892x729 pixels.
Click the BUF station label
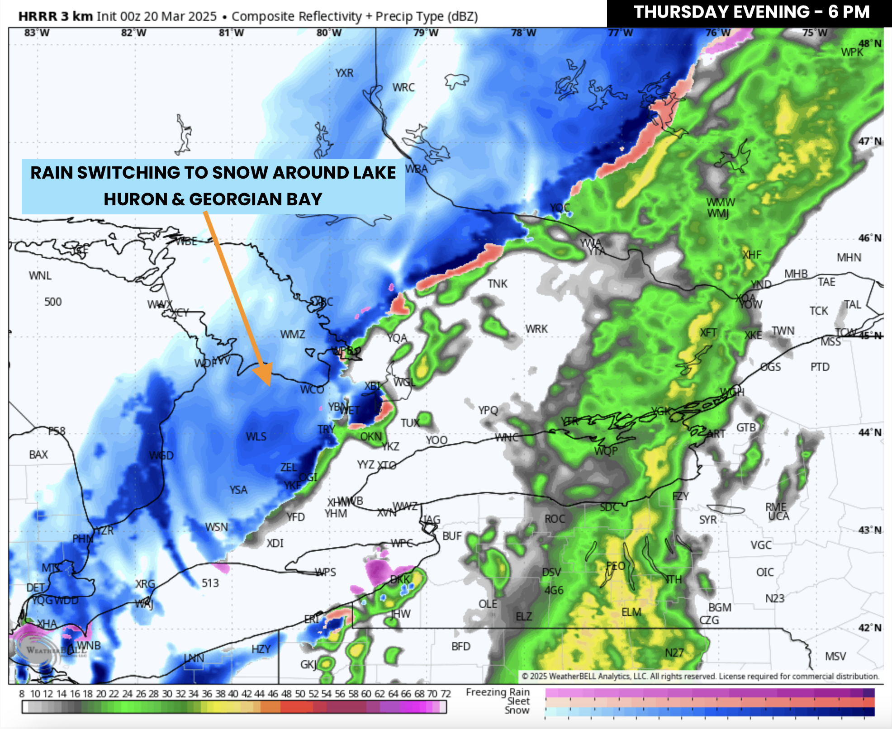[452, 536]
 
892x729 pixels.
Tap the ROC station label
[555, 519]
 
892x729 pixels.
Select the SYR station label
[708, 520]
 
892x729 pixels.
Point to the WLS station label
[256, 436]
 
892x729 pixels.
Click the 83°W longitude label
[37, 33]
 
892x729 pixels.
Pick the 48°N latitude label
[869, 43]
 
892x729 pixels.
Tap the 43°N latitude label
[869, 530]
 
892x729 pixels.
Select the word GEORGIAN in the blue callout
[233, 199]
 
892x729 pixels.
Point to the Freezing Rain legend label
[498, 692]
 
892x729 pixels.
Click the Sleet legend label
[518, 701]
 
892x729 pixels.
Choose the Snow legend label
[517, 710]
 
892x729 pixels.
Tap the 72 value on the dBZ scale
[446, 694]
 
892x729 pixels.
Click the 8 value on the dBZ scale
[21, 694]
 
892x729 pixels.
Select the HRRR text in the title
[38, 16]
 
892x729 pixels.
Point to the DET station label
[35, 587]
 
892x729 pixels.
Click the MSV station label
[835, 656]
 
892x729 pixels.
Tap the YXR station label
[344, 73]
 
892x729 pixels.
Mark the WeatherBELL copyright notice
[700, 676]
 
